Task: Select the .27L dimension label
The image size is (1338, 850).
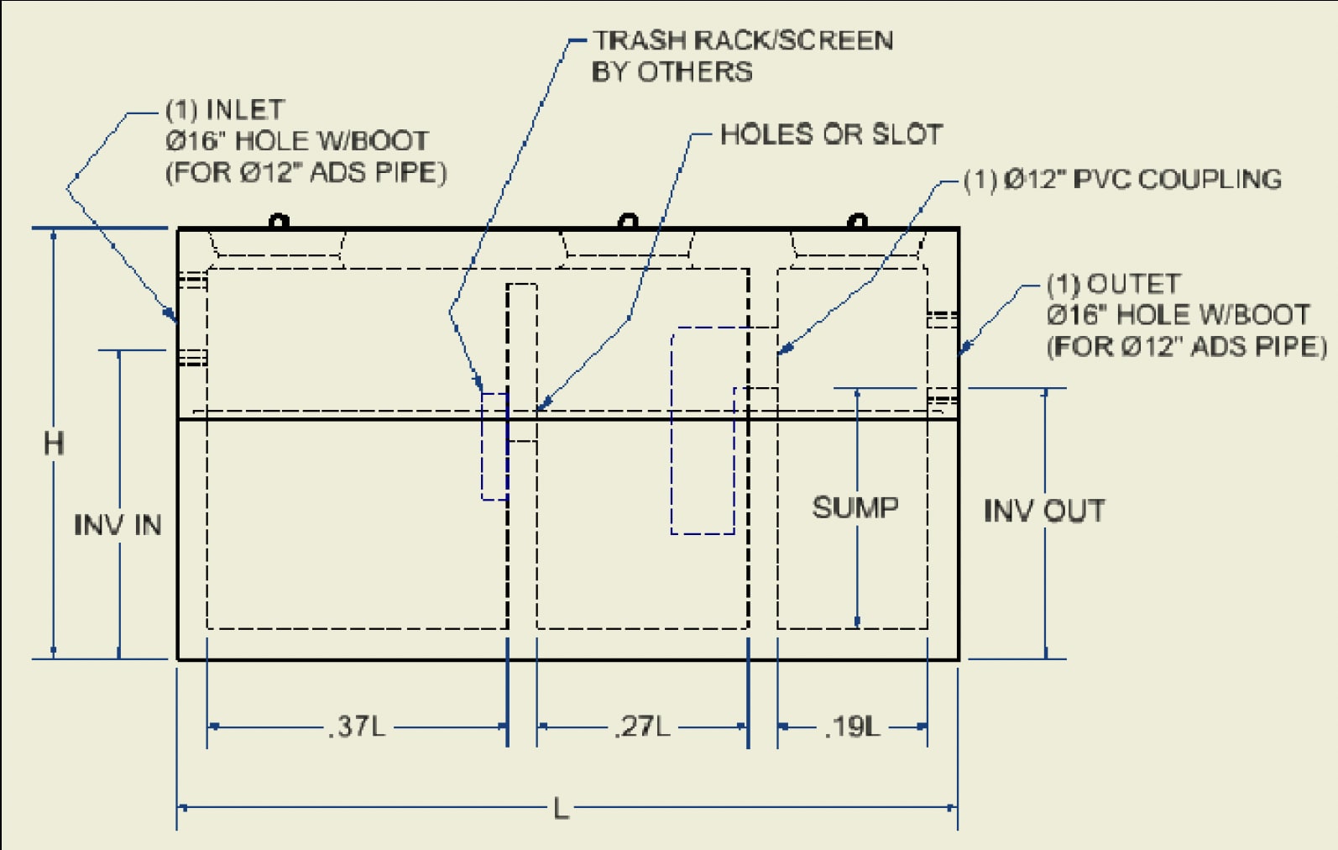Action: tap(643, 726)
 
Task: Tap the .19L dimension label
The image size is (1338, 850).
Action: tap(853, 726)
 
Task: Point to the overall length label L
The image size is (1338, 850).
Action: tap(562, 809)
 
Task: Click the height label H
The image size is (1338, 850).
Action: tap(54, 443)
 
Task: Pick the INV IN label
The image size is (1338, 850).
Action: tap(118, 525)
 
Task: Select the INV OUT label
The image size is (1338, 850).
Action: tap(1044, 511)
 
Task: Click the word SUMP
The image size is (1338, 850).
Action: tap(855, 507)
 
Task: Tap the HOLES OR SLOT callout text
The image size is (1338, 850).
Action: tap(831, 134)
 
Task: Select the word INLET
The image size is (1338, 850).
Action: tap(245, 109)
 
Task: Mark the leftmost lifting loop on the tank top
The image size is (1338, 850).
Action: tap(279, 223)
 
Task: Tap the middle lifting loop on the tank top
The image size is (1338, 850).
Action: tap(627, 223)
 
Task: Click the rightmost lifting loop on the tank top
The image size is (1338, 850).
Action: tap(857, 223)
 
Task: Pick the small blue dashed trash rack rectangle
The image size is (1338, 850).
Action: tap(494, 446)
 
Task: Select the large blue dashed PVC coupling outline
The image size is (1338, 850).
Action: tap(703, 430)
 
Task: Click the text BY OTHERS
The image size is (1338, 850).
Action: tap(672, 72)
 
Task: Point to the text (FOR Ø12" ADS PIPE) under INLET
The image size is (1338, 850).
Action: tap(306, 172)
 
